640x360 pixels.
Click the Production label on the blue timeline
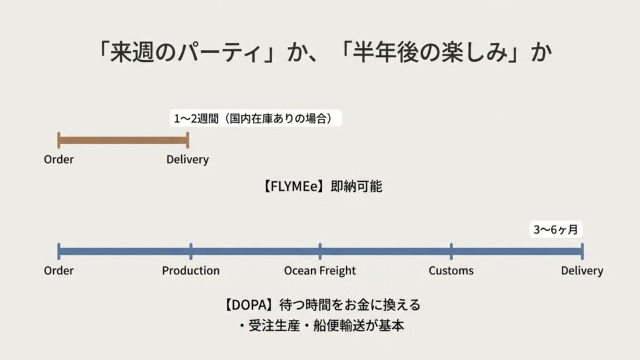tap(191, 271)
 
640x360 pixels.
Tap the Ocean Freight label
tap(319, 271)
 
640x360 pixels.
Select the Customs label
tap(451, 271)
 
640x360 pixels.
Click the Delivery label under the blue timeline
tap(581, 271)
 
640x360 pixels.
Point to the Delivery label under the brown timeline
tap(187, 159)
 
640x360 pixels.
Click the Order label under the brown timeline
tap(59, 159)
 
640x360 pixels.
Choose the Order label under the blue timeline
tap(59, 271)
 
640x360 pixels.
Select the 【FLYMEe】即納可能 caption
tap(319, 186)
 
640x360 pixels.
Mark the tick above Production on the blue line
tap(191, 251)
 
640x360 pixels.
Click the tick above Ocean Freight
tap(320, 251)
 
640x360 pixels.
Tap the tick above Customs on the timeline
tap(451, 251)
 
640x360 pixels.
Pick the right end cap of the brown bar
tap(187, 140)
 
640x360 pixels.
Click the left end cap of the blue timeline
tap(59, 251)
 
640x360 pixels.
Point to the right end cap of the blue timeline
tap(582, 251)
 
